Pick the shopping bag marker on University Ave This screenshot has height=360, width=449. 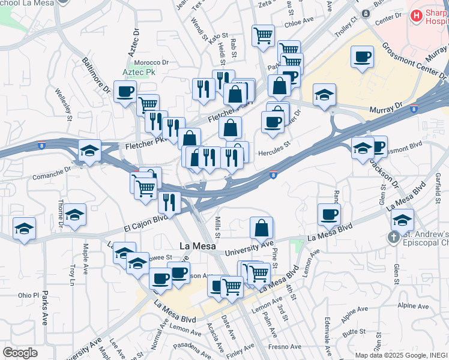click(261, 229)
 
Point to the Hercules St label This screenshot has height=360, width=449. click(274, 152)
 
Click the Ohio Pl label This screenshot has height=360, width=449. click(28, 295)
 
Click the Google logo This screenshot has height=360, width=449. click(20, 352)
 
